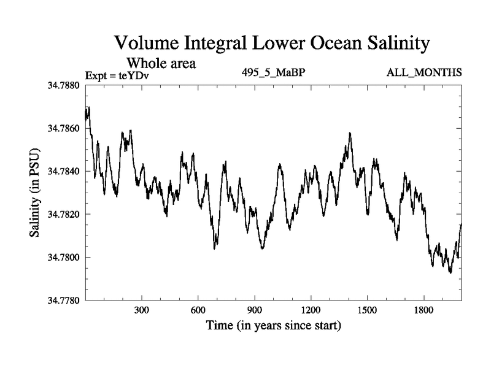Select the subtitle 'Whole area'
coord(161,63)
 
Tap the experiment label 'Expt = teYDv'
coord(117,75)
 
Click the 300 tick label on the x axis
coord(142,310)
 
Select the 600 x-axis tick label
coord(198,310)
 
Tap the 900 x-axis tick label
coord(255,310)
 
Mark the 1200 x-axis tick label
coord(311,310)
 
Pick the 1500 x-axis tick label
coord(367,310)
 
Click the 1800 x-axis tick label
coord(423,310)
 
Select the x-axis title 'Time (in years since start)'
coord(273,325)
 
